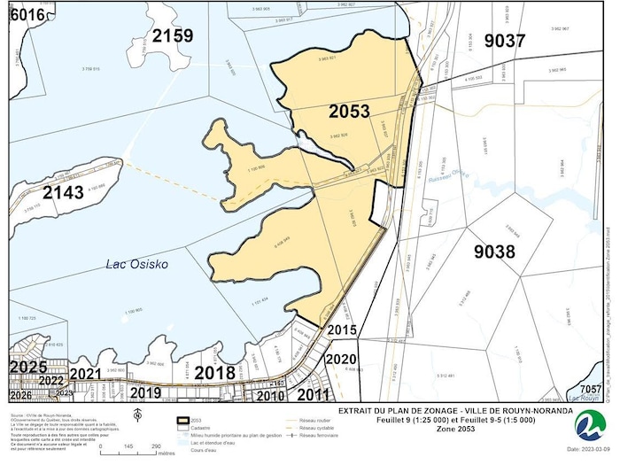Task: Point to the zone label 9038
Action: [x=494, y=252]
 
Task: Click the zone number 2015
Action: [x=342, y=329]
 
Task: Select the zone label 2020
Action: [x=341, y=359]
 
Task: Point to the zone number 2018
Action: [x=215, y=372]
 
